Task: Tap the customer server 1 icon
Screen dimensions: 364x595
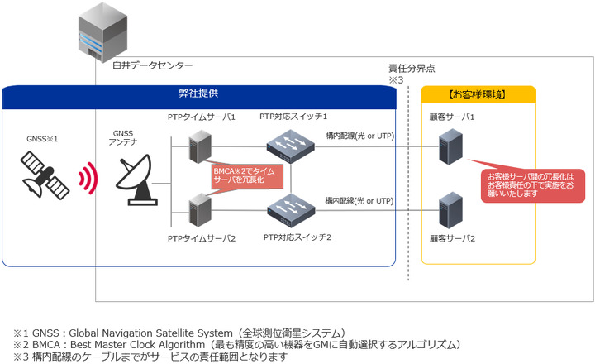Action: [x=450, y=147]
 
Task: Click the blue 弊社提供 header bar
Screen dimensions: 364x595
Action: [x=198, y=94]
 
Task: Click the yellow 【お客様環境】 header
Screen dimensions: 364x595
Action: [x=478, y=94]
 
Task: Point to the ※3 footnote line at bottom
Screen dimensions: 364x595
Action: [x=149, y=357]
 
